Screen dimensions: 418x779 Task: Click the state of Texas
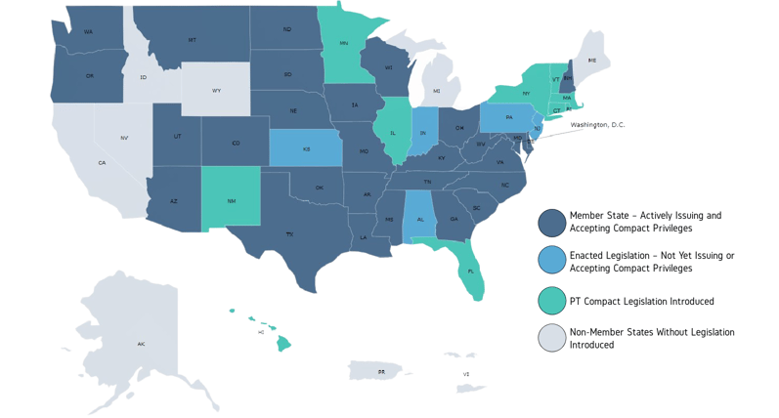[x=289, y=234]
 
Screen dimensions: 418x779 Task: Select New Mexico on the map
[x=232, y=200]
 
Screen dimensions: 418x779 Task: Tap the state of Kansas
[x=306, y=149]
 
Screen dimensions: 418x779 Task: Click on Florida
[x=471, y=272]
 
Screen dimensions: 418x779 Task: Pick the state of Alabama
[x=420, y=219]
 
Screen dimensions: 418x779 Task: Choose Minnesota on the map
[x=344, y=44]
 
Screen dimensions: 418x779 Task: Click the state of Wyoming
[x=216, y=90]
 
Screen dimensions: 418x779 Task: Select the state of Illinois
[x=393, y=132]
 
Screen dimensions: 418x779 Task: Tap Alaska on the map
[x=142, y=344]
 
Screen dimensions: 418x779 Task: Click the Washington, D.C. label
[x=597, y=125]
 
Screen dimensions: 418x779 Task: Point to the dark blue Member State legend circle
[x=552, y=222]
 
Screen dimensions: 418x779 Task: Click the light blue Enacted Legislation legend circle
[x=552, y=261]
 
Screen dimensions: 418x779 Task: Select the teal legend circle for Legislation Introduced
[x=552, y=301]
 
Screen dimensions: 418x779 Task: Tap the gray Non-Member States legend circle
[x=552, y=338]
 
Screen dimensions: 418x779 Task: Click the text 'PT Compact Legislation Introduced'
[x=641, y=302]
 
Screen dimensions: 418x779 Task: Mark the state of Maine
[x=591, y=61]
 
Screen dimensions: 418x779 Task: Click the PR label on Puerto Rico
[x=381, y=372]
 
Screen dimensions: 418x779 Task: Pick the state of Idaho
[x=144, y=77]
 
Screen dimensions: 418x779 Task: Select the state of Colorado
[x=236, y=143]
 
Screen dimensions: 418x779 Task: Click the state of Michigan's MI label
[x=436, y=91]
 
